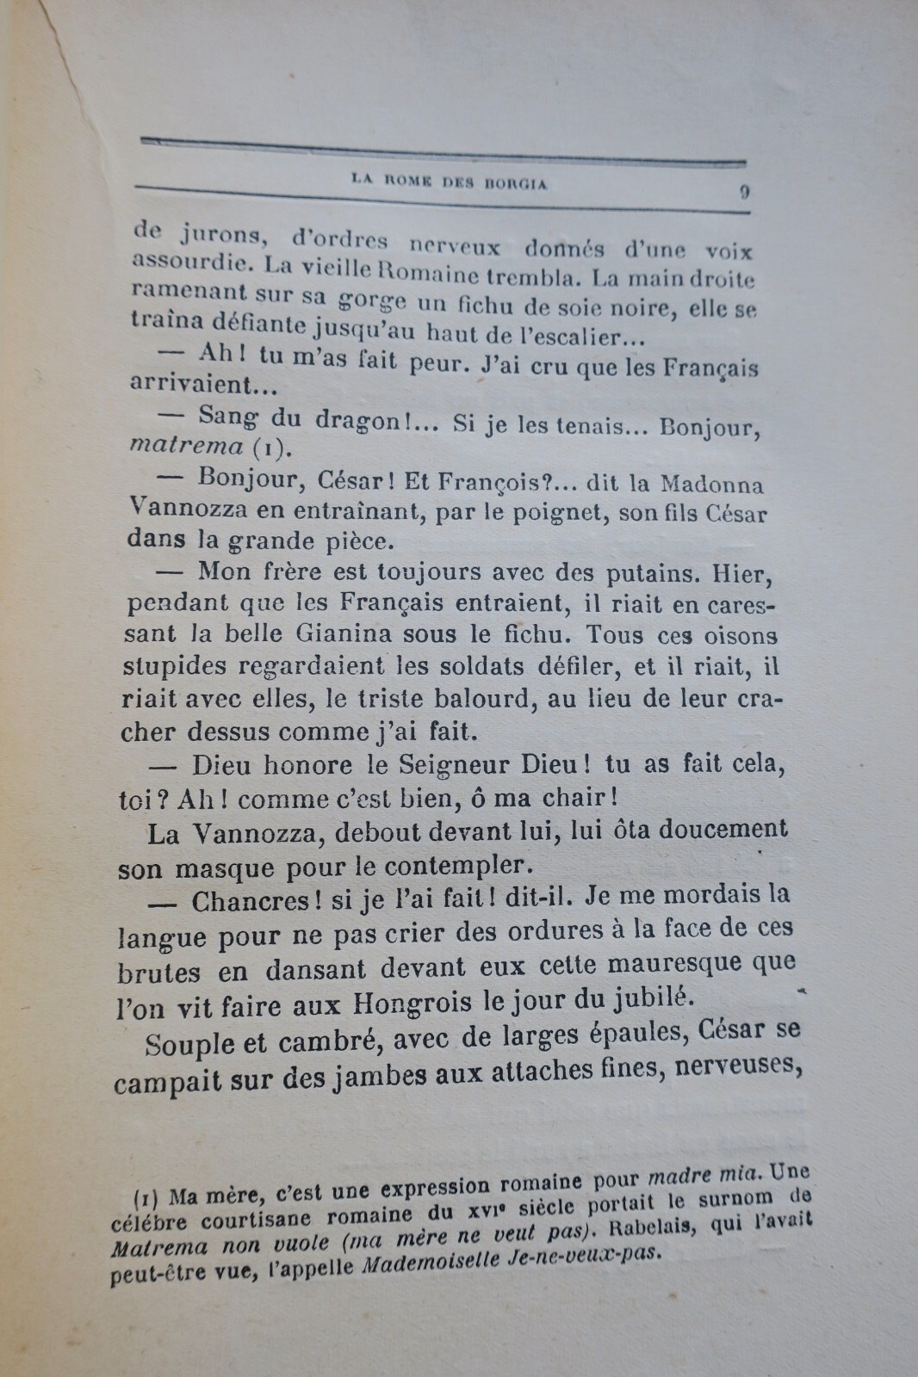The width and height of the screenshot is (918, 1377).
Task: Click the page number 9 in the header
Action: pos(744,193)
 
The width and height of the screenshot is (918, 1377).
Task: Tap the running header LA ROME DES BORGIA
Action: pos(449,182)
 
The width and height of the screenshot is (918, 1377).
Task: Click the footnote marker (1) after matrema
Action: pos(265,448)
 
